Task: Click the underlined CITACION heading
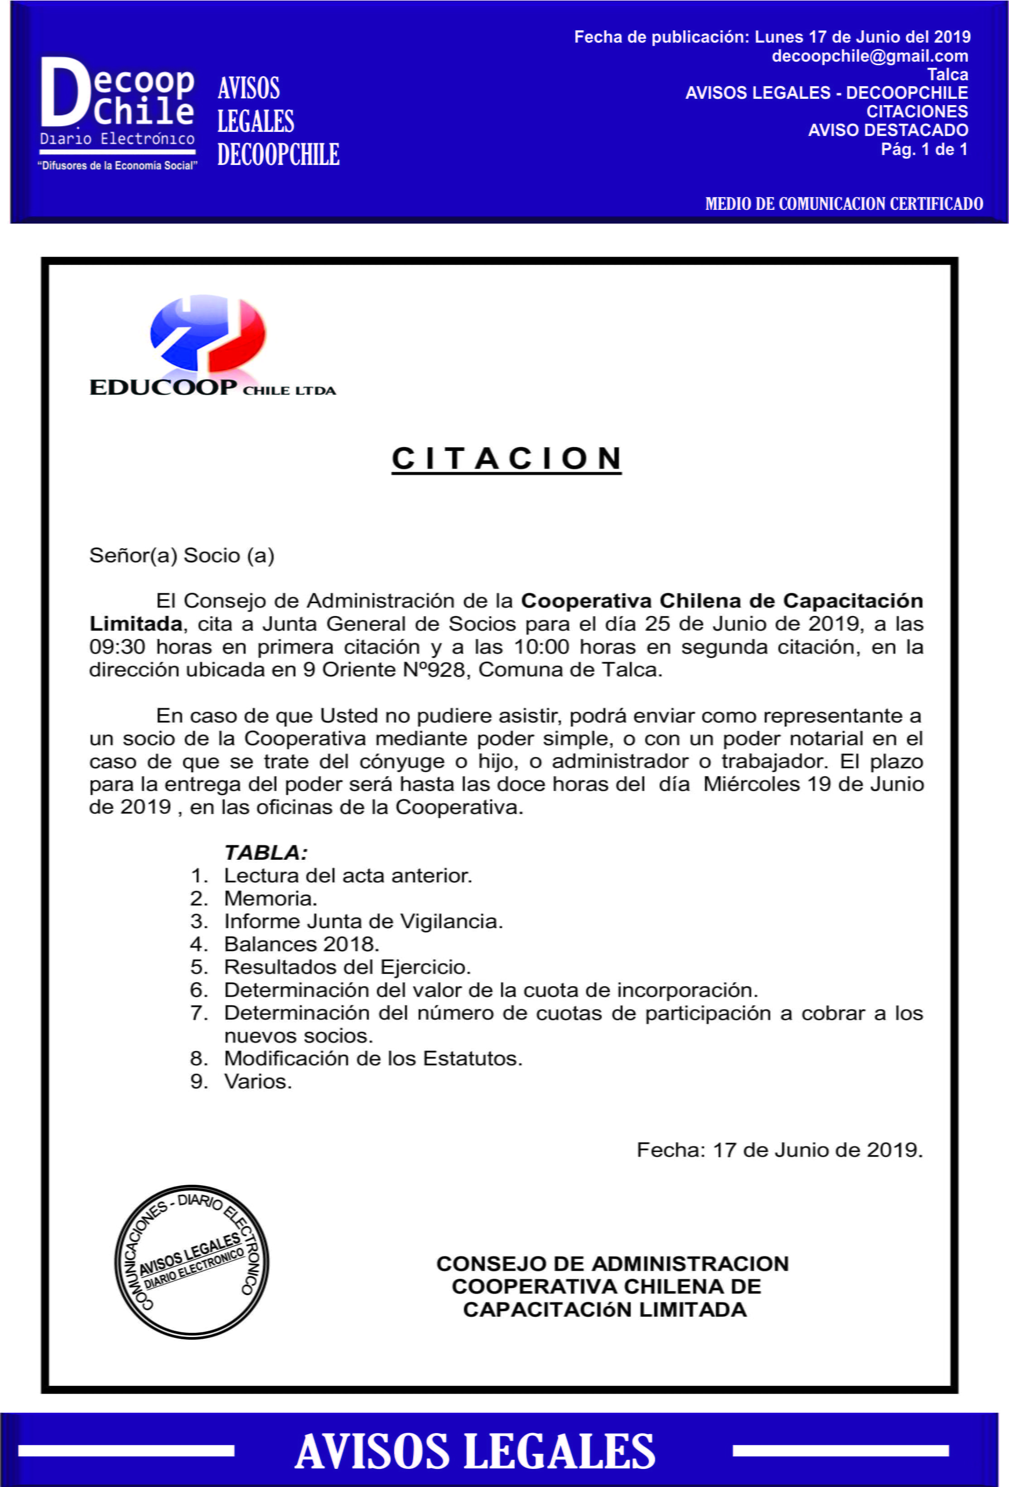coord(506,459)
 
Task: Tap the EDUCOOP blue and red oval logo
coord(208,333)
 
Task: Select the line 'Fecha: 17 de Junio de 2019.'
coord(779,1150)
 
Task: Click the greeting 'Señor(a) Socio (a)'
coord(182,555)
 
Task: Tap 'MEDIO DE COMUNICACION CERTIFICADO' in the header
coord(844,203)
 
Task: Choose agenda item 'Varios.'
coord(258,1081)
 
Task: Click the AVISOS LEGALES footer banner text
coord(475,1451)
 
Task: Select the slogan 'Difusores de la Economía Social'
coord(118,166)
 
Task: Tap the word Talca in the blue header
coord(947,74)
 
